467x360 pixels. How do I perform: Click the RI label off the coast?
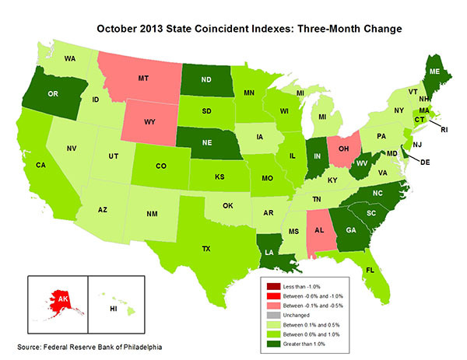click(443, 131)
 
